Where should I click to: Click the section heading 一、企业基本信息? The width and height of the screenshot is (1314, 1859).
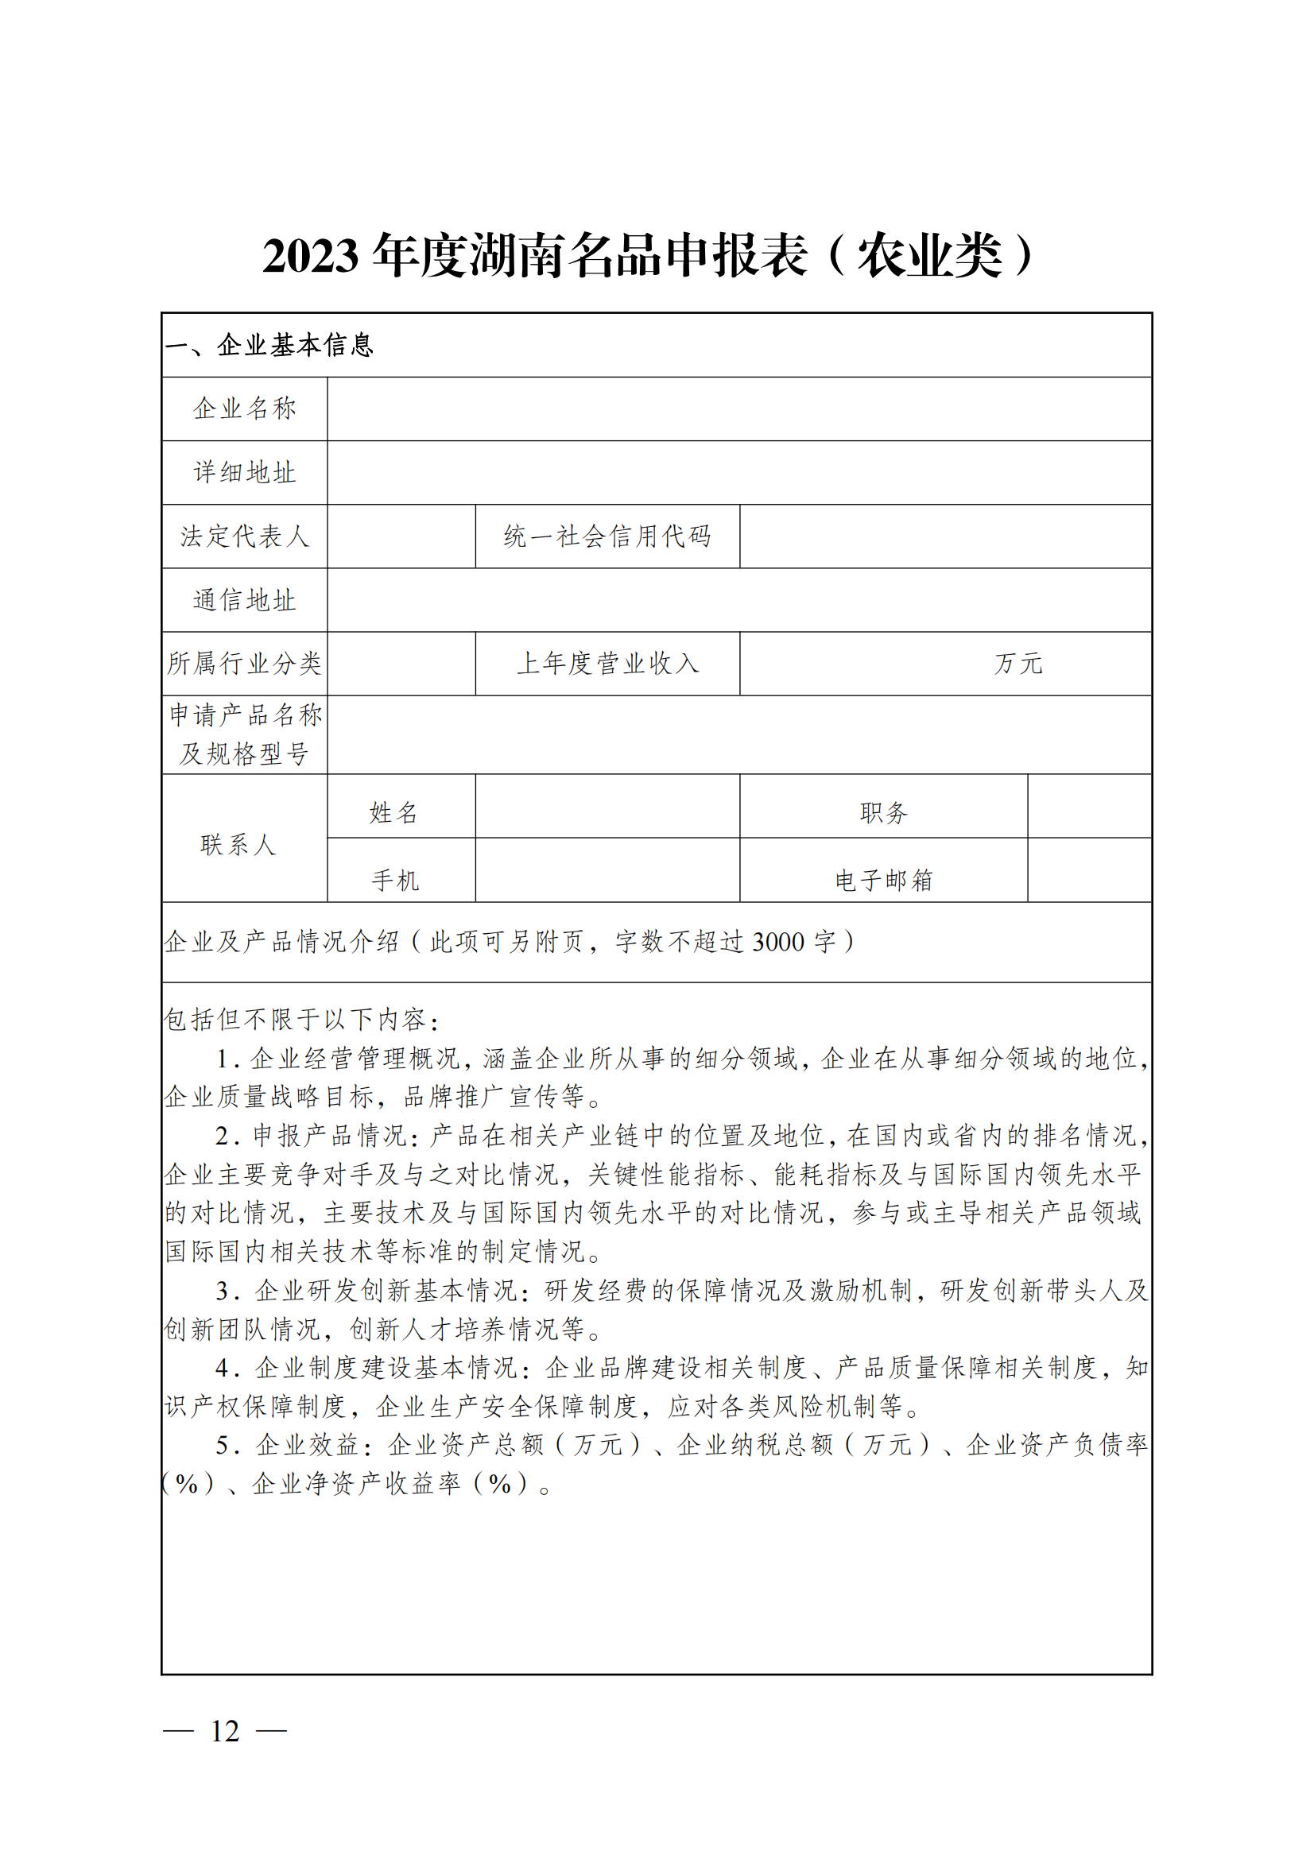tap(269, 346)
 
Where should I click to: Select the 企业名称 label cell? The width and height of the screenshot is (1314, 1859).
tap(245, 409)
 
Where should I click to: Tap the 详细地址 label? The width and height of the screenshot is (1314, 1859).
tap(245, 473)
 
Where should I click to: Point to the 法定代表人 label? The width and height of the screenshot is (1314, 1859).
tap(245, 536)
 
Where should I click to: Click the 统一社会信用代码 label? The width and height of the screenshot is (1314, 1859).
tap(607, 536)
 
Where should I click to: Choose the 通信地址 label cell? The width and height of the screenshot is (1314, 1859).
tap(245, 601)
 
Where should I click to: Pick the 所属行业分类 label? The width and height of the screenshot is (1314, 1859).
tap(245, 664)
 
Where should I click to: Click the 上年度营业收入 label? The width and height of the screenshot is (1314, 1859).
tap(607, 664)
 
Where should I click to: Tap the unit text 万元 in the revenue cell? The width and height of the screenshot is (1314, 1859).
tap(1017, 664)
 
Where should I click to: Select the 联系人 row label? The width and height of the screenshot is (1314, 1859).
tap(238, 846)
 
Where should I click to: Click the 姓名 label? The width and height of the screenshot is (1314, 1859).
tap(394, 813)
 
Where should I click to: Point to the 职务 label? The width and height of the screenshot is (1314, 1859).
tap(883, 813)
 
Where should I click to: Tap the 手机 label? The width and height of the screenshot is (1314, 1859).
tap(395, 880)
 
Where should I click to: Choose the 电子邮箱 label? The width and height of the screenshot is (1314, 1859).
tap(883, 880)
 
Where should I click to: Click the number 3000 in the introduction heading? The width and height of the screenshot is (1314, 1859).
tap(778, 943)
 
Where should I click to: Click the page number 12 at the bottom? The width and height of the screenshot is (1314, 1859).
tap(225, 1732)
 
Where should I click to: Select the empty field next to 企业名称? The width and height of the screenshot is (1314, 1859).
tap(739, 409)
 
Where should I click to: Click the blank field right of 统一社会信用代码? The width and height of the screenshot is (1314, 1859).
tap(945, 536)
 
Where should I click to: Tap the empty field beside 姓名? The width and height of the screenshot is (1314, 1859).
tap(607, 807)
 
